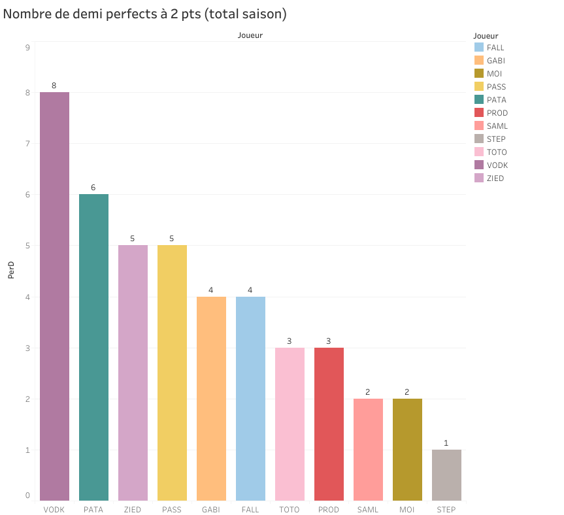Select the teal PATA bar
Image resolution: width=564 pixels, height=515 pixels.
[x=93, y=347]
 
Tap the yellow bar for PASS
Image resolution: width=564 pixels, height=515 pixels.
[x=172, y=373]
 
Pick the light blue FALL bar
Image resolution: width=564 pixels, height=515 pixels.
[x=250, y=398]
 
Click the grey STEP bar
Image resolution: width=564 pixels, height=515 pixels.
[x=446, y=474]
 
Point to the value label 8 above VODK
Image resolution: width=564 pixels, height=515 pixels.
[x=54, y=86]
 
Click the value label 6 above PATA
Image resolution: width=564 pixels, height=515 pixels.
[x=93, y=188]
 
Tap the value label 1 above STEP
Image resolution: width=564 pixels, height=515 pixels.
[x=446, y=443]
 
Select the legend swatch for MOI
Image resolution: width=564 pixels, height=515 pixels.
[x=479, y=74]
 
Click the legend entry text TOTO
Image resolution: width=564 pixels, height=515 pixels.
[x=497, y=152]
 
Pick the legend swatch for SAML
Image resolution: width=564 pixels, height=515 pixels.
[x=479, y=126]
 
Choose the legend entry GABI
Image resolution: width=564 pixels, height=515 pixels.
[x=495, y=61]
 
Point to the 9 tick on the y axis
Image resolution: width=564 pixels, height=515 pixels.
[x=27, y=48]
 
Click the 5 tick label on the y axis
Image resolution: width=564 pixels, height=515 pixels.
[x=27, y=246]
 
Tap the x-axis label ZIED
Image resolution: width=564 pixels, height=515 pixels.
[x=133, y=510]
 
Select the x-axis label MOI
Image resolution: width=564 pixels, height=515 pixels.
[x=407, y=510]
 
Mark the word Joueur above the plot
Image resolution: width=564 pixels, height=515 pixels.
[x=250, y=36]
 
